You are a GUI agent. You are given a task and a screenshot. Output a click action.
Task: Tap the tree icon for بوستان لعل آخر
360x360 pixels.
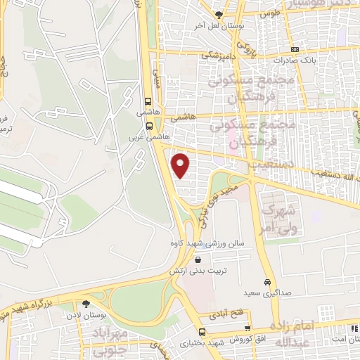click(219, 14)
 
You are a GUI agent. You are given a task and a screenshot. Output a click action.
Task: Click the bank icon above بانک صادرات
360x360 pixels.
click(295, 49)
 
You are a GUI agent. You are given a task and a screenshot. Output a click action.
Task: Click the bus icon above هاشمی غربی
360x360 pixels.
click(149, 127)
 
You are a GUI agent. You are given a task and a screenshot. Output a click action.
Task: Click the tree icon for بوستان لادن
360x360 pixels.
click(86, 304)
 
